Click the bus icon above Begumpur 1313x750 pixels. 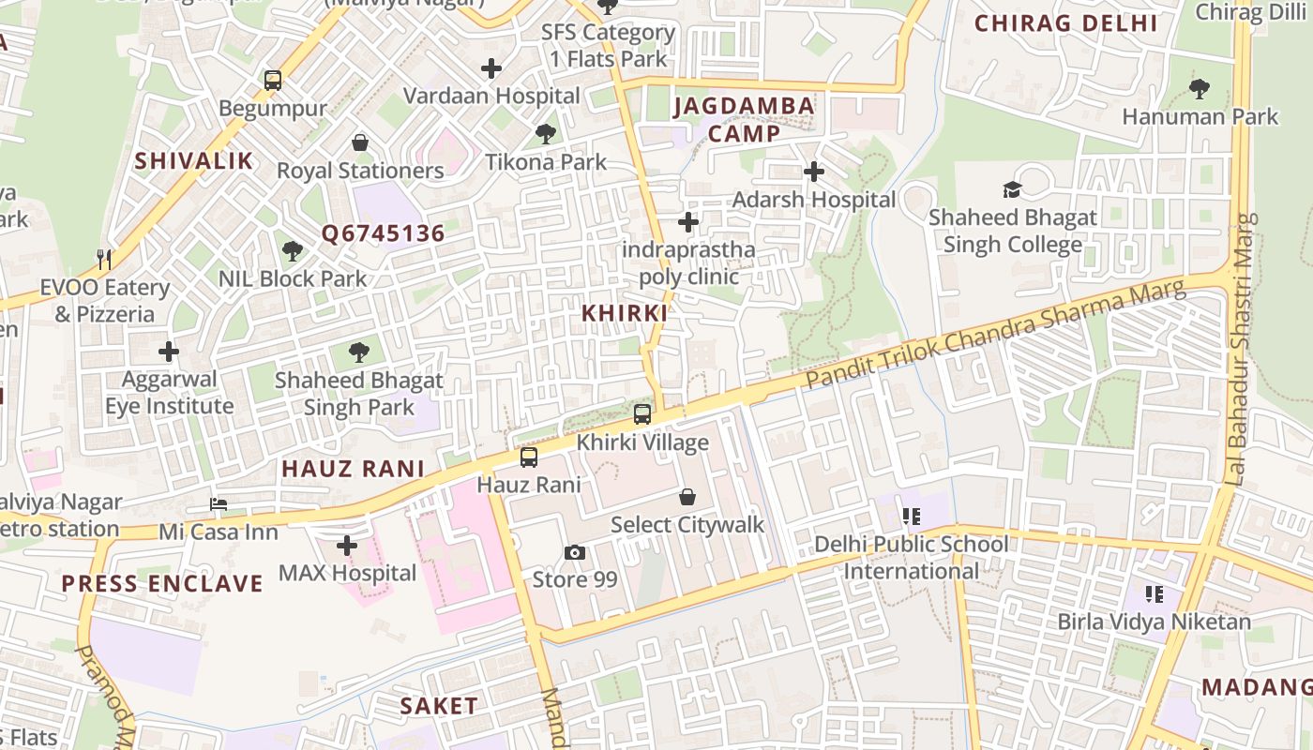[x=273, y=81]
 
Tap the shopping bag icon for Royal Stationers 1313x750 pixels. [x=360, y=142]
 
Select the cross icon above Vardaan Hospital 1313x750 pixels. [x=490, y=68]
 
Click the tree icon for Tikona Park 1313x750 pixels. [x=546, y=134]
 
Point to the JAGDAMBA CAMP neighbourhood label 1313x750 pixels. [x=744, y=119]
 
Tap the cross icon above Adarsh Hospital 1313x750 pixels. [x=814, y=172]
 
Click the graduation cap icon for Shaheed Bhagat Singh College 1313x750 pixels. [x=1012, y=189]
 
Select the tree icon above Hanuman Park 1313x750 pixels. [x=1200, y=89]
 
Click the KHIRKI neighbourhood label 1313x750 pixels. [x=625, y=313]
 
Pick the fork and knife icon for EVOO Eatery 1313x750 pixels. [x=104, y=259]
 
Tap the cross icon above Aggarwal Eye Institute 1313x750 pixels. [x=169, y=352]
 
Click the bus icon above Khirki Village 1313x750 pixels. [x=642, y=413]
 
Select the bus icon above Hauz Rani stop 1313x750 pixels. [x=529, y=457]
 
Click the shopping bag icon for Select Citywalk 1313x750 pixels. [x=687, y=497]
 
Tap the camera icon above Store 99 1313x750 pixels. [x=575, y=552]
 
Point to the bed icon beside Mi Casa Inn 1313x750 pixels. [x=219, y=504]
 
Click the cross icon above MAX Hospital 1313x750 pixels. [x=347, y=545]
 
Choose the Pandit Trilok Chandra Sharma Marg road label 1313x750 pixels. [x=996, y=335]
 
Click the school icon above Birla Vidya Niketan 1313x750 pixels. [x=1155, y=593]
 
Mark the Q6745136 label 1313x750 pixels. [x=383, y=233]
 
